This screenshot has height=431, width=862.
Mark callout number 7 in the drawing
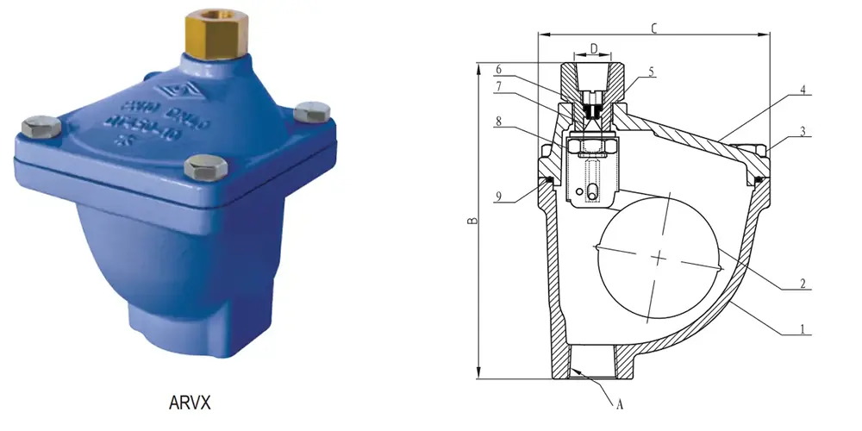498,85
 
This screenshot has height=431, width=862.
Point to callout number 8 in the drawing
498,123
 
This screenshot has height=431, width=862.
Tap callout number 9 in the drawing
498,196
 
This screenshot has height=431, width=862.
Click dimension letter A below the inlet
618,403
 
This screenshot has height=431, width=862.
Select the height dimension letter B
472,222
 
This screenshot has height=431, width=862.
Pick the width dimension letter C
654,28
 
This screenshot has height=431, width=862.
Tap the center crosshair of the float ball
659,258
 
